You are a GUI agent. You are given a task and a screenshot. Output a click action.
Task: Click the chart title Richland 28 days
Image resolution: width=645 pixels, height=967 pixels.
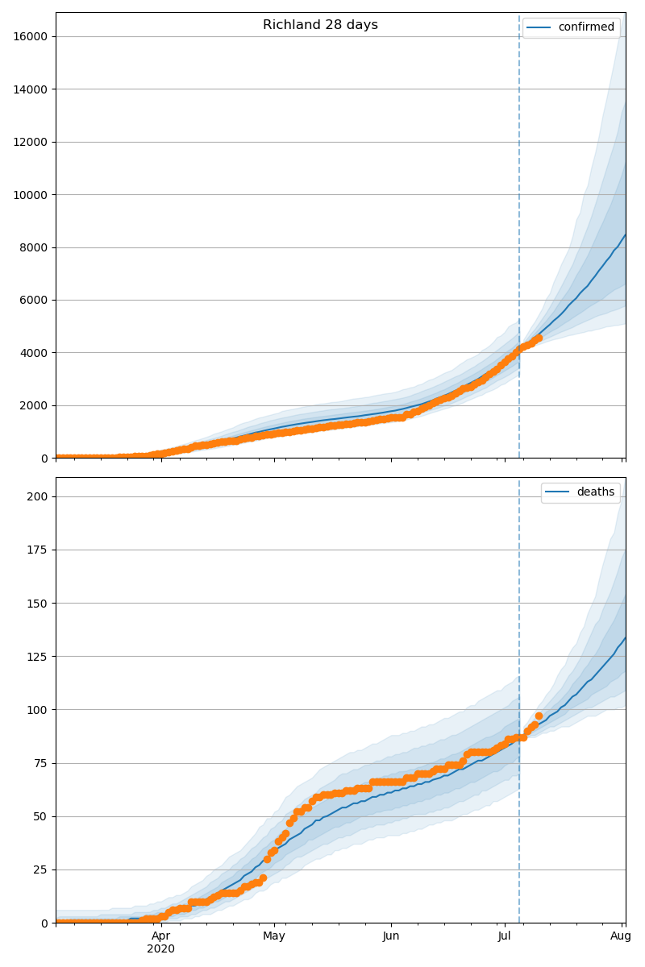click(320, 25)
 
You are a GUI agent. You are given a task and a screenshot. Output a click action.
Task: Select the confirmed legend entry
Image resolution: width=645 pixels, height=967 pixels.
click(571, 27)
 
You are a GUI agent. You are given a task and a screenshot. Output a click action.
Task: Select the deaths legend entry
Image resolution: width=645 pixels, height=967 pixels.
click(580, 492)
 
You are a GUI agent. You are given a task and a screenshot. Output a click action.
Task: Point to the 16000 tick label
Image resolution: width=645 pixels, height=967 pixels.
click(31, 36)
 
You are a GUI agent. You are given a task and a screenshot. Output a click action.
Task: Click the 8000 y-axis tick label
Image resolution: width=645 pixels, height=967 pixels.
click(33, 247)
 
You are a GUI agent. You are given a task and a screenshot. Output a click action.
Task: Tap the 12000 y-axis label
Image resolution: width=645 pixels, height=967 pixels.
click(31, 142)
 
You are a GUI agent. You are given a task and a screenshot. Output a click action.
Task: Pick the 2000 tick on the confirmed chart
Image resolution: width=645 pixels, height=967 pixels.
click(33, 406)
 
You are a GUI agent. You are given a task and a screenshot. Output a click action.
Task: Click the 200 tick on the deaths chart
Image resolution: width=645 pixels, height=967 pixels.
click(37, 496)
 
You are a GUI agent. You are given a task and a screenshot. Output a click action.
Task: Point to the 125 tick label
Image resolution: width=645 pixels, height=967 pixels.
click(37, 657)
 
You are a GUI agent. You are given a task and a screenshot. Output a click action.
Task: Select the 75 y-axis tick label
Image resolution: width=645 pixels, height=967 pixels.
click(40, 763)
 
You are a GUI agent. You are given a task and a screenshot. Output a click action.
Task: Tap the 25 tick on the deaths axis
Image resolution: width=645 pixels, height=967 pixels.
click(40, 869)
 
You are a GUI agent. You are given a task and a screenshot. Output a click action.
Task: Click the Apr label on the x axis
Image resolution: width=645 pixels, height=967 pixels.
click(160, 936)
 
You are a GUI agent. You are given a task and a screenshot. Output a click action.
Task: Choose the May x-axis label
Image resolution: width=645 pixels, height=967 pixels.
click(274, 936)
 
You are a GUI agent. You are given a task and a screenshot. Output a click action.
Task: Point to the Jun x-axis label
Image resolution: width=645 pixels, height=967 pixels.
click(391, 936)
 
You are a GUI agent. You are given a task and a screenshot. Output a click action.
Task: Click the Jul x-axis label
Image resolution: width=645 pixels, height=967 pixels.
click(504, 936)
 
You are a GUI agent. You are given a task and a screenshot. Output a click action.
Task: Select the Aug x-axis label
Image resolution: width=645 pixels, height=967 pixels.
click(621, 936)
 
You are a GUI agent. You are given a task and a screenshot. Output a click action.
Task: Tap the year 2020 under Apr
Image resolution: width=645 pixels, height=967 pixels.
click(160, 949)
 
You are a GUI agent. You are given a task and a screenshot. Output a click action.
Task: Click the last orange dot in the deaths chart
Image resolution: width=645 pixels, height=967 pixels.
click(539, 716)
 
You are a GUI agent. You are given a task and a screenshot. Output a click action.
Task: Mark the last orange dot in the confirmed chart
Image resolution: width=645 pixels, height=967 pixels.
click(539, 338)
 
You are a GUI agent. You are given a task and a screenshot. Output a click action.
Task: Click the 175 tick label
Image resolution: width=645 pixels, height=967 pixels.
click(37, 550)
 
